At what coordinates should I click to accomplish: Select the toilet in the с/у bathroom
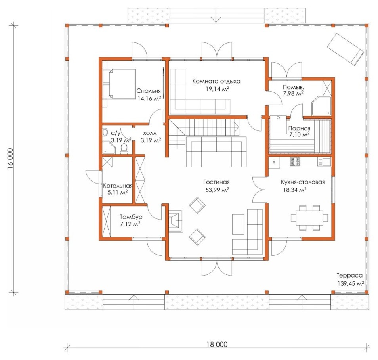[124, 149]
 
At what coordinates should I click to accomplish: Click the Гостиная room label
[216, 182]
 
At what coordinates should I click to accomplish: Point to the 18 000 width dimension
[217, 344]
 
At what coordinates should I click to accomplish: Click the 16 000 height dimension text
[10, 158]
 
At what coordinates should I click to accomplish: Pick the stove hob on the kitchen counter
[295, 162]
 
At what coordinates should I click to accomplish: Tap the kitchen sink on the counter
[324, 162]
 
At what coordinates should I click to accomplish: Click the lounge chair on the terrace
[345, 49]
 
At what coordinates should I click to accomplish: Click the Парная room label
[299, 128]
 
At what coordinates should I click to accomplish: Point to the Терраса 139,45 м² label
[350, 280]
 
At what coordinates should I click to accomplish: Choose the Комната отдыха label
[216, 81]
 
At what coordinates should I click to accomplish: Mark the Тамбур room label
[131, 217]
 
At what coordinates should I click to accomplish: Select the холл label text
[149, 133]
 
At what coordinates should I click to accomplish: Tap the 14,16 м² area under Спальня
[149, 98]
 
